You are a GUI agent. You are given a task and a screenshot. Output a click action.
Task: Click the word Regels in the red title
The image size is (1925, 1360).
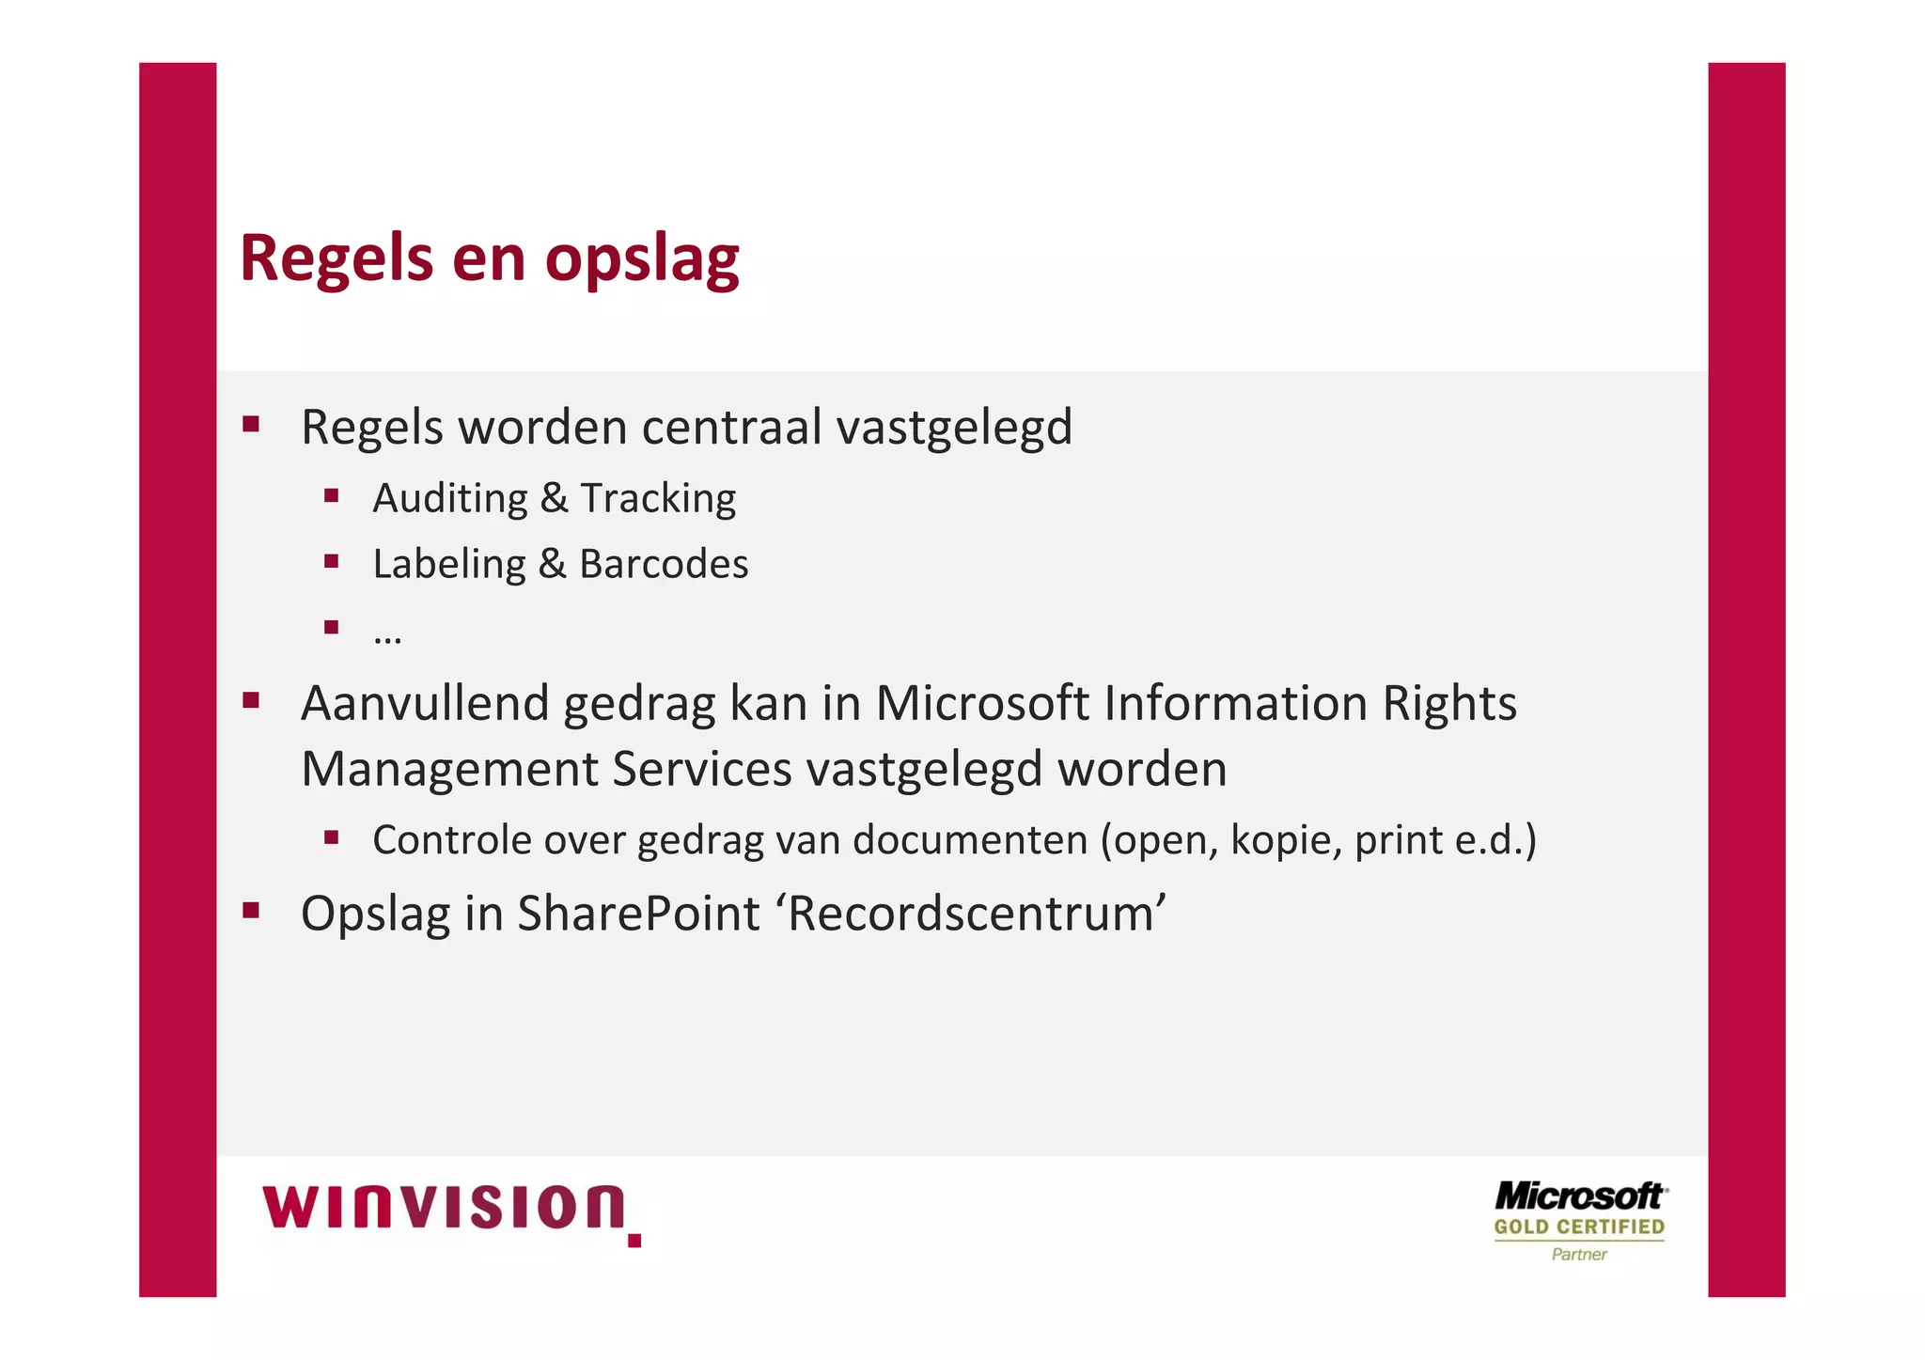tap(336, 259)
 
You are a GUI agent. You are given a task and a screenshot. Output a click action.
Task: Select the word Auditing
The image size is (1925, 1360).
tap(450, 499)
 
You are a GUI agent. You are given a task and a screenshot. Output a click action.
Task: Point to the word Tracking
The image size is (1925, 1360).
tap(658, 499)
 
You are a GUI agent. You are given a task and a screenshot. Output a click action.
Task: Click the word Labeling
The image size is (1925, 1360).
tap(449, 565)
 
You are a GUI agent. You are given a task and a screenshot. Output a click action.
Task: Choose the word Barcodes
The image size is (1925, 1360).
tap(664, 564)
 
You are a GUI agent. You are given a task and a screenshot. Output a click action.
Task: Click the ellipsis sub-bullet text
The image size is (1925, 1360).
tap(387, 636)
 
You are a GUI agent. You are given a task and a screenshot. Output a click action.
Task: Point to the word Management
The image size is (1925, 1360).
tap(449, 769)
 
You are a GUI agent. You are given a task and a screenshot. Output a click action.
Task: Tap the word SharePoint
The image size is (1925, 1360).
tap(638, 914)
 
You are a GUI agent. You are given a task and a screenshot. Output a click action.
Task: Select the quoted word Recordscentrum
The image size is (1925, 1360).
tap(972, 914)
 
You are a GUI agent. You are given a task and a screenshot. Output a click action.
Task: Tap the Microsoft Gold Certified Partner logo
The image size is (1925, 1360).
tap(1579, 1220)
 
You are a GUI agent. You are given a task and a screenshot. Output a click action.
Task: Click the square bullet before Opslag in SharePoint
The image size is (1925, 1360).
tap(251, 910)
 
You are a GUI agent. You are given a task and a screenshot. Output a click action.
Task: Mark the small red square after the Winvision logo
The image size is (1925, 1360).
tap(634, 1241)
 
